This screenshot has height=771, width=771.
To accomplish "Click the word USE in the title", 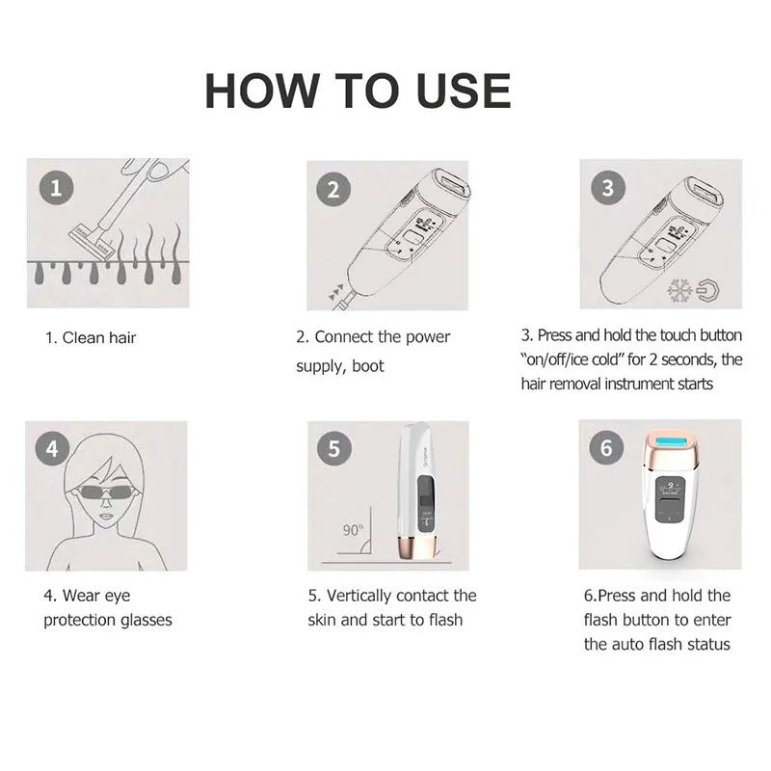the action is click(464, 91).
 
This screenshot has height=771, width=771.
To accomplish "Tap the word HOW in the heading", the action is click(261, 91).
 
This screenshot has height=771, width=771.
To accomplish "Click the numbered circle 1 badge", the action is click(56, 188).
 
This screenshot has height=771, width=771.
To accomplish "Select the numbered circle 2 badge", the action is click(333, 189).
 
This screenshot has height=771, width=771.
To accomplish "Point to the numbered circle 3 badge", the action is click(608, 187).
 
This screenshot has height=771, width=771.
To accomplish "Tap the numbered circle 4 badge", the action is click(52, 449).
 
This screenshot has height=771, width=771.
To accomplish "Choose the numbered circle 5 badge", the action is click(334, 448).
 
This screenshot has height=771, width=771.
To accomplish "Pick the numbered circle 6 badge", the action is click(606, 447).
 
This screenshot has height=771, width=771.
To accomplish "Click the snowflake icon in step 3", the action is click(679, 290).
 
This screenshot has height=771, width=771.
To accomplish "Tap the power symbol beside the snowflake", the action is click(708, 290).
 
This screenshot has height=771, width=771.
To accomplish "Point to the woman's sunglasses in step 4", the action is click(106, 492).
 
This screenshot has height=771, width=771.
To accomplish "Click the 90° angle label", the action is click(353, 530).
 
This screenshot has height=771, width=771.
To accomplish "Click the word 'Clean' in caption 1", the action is click(83, 338).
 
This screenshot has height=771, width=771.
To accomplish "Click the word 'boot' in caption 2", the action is click(368, 366).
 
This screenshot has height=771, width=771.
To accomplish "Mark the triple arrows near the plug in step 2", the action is click(336, 293).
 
